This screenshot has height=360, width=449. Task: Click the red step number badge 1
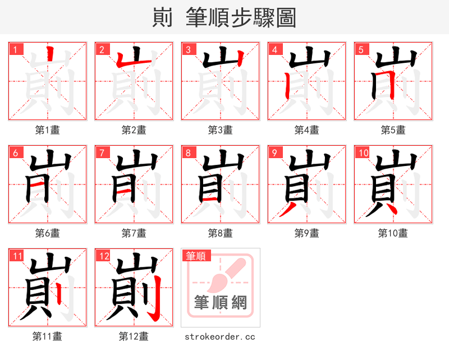tap(16, 49)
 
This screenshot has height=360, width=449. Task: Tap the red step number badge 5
tap(361, 49)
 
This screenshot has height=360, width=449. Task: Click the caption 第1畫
tap(48, 130)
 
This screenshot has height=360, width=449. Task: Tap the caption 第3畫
tap(221, 130)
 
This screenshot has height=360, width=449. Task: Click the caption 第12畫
tap(134, 336)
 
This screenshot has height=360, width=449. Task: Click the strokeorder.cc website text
tap(221, 336)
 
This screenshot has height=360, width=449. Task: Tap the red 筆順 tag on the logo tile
tap(196, 256)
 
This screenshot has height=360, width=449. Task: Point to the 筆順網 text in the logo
tap(221, 302)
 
